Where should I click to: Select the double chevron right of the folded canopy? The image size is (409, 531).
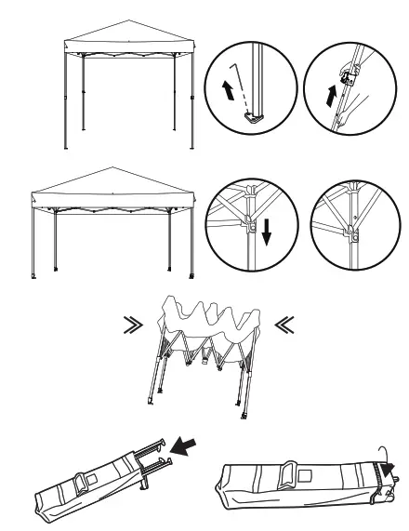point(284,327)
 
